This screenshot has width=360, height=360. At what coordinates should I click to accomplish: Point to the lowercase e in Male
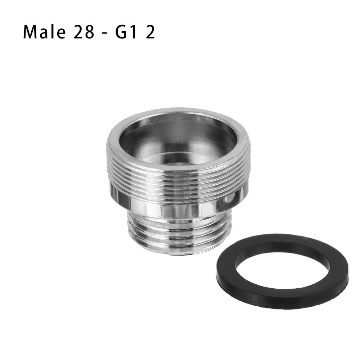pos(61,33)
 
